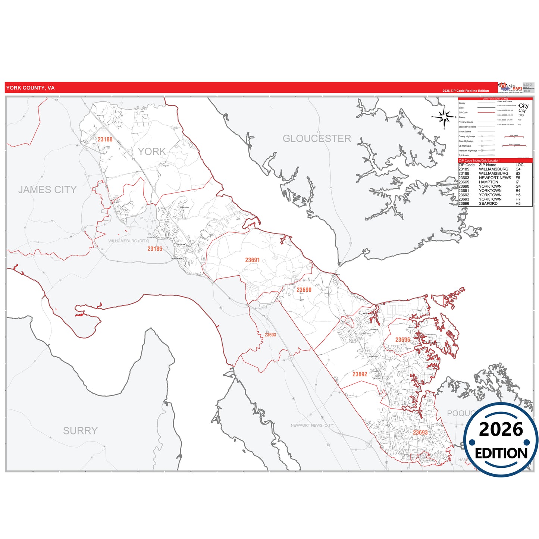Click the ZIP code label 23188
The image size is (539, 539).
click(105, 140)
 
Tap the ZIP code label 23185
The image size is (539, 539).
click(155, 249)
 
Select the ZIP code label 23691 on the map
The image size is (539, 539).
click(253, 260)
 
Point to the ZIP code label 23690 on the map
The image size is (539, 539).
click(304, 290)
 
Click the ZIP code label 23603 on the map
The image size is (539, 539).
click(270, 335)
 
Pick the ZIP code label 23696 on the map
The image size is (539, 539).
click(403, 340)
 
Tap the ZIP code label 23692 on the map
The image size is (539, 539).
click(360, 374)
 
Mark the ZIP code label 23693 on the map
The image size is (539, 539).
click(420, 433)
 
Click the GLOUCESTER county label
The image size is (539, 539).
click(317, 139)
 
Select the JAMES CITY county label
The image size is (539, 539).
click(47, 190)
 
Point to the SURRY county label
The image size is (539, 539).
click(80, 431)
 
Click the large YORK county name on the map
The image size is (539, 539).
click(152, 151)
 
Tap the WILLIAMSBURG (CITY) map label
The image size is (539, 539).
click(129, 241)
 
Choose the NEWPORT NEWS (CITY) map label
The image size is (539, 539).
click(313, 425)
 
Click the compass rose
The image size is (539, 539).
click(444, 117)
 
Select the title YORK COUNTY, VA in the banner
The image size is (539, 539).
click(30, 88)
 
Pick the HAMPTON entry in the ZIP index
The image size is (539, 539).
click(488, 182)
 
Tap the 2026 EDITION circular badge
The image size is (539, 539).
click(501, 440)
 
